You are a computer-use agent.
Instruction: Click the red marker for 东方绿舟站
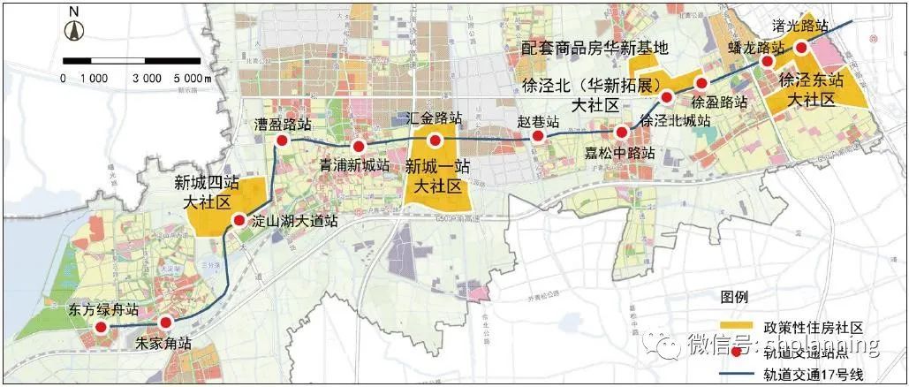101,328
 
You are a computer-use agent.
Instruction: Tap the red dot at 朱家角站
165,324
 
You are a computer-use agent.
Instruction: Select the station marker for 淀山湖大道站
238,221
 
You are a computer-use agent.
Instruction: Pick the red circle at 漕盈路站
282,141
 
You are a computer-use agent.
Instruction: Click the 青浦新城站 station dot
359,147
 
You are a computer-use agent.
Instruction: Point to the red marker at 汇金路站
435,140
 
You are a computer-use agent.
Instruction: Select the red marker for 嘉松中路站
623,133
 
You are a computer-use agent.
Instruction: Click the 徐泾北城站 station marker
668,97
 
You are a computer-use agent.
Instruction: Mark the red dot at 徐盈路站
700,84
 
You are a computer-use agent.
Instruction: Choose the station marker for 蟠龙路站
756,61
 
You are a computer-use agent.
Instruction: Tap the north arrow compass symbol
74,27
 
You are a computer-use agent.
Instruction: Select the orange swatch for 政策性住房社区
737,326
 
